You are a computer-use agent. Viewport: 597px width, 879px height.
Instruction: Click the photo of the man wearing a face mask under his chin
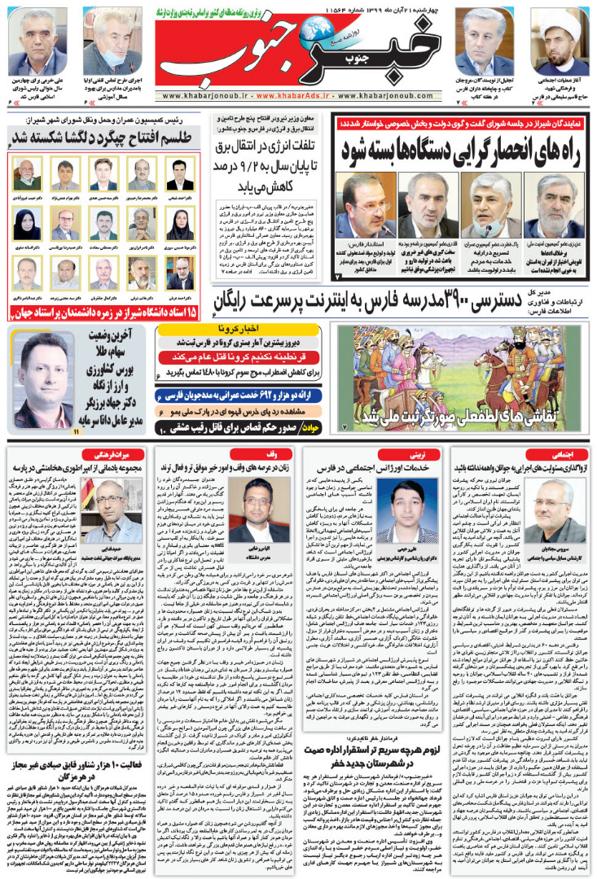116,44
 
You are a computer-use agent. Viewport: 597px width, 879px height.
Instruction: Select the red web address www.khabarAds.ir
300,96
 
